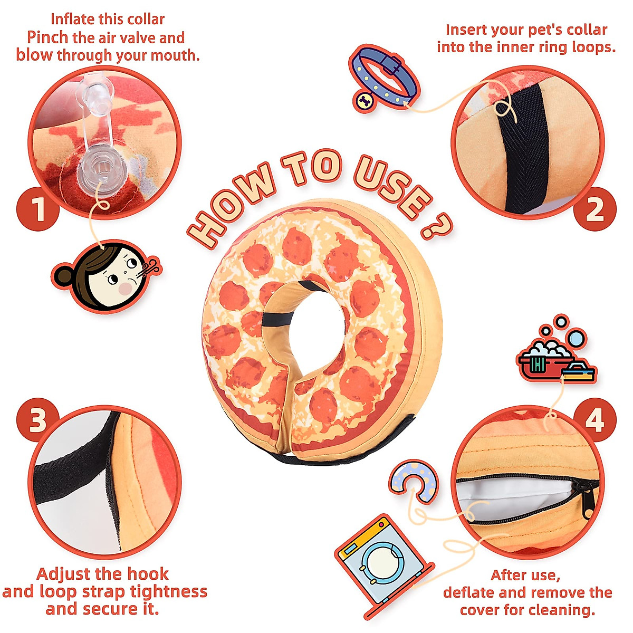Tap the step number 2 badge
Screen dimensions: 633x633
click(594, 209)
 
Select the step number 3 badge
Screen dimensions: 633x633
click(38, 420)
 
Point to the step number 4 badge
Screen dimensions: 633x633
click(594, 420)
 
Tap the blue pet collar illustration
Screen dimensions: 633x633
click(384, 78)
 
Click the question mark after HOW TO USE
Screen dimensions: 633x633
click(436, 226)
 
